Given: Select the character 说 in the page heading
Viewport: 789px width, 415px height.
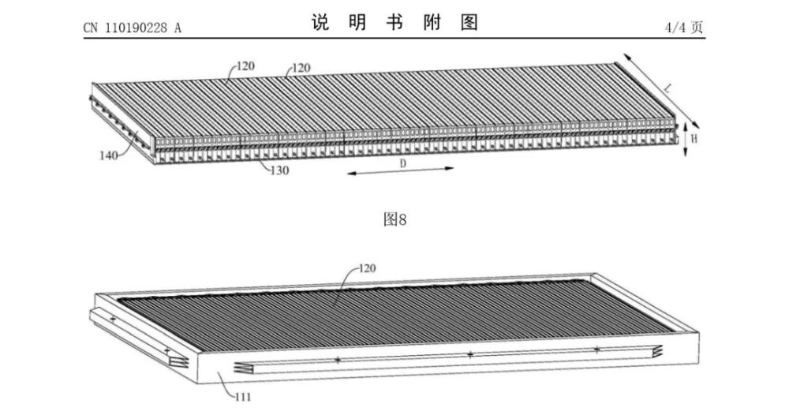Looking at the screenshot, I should coord(319,23).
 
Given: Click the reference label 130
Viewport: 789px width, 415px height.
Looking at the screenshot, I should coord(277,169).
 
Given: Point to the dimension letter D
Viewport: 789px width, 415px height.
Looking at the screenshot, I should coord(402,163).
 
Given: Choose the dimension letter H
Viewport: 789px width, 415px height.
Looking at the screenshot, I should coord(694,137).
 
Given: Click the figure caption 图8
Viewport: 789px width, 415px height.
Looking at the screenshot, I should coord(394,219).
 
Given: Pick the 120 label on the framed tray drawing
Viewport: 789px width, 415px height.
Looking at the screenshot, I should coord(366,268).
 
